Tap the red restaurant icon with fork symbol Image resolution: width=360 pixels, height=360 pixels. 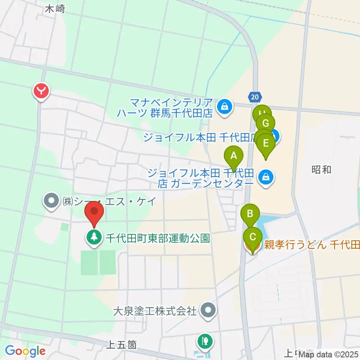[x=41, y=90]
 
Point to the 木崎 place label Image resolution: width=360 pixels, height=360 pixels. [x=55, y=9]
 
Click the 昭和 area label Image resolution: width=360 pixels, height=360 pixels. [x=321, y=169]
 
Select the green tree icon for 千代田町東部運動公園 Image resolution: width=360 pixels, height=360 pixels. [x=93, y=237]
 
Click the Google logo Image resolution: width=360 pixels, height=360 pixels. [x=25, y=351]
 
